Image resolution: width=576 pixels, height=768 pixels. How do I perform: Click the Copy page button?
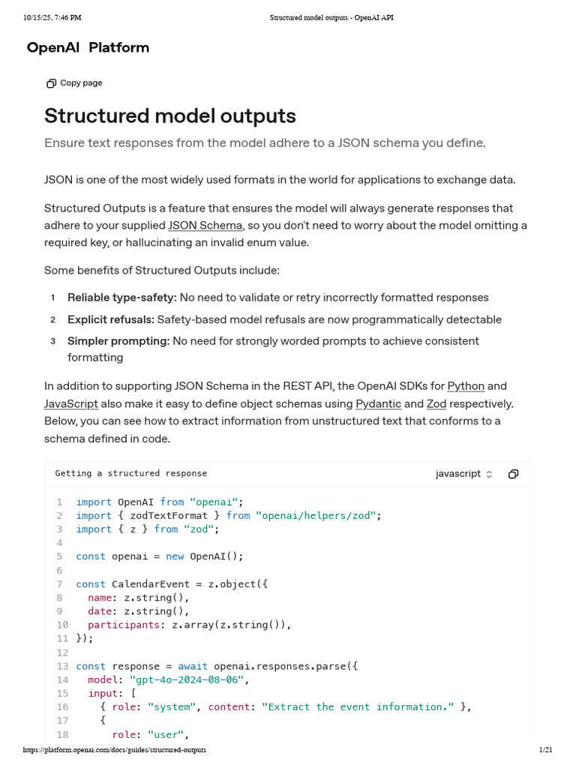tap(74, 83)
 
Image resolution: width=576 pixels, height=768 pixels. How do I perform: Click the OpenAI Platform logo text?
tap(88, 48)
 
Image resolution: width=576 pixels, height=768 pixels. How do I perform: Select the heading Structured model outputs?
tap(170, 116)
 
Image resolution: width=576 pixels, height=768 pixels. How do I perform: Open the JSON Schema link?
tap(205, 225)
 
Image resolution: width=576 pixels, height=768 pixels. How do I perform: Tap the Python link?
tap(466, 386)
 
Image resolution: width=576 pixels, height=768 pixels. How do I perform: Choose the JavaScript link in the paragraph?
tap(71, 403)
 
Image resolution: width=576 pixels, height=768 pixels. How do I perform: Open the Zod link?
tap(436, 403)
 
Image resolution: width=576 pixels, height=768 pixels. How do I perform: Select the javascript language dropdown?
tap(464, 474)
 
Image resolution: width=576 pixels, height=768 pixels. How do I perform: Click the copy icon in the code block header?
tap(514, 474)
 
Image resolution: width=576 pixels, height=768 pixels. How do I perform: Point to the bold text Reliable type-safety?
tap(122, 298)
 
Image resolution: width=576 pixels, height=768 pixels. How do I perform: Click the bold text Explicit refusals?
tap(111, 319)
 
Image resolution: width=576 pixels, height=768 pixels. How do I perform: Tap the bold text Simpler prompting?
tap(118, 341)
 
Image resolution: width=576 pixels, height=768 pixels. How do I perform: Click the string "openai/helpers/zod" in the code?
tap(316, 515)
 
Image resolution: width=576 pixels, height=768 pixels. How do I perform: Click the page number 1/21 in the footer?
tap(545, 750)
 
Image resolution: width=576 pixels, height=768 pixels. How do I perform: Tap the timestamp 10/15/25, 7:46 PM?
tap(52, 17)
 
